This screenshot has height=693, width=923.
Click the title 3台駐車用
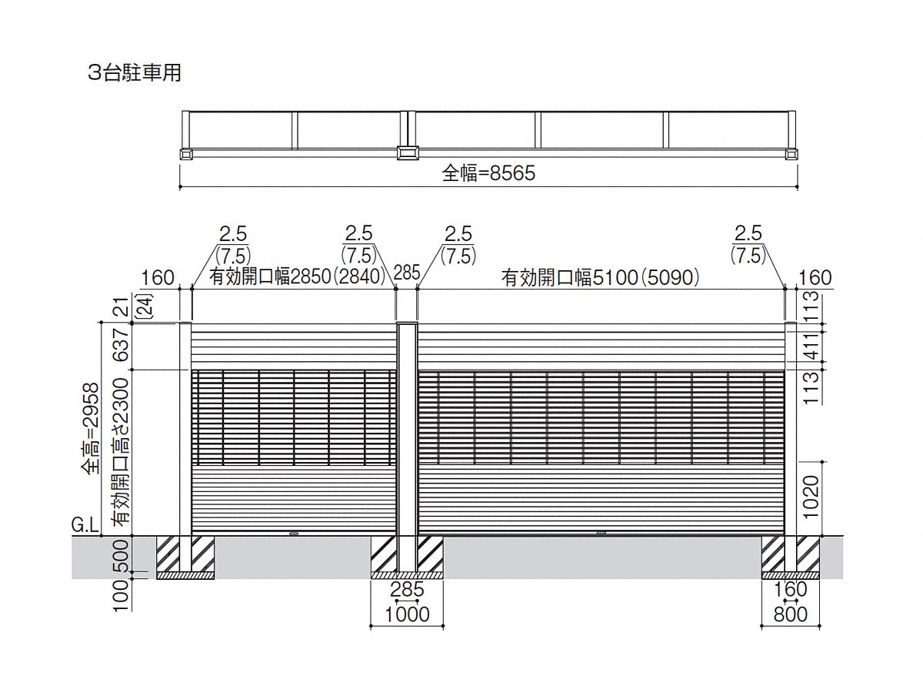click(x=135, y=73)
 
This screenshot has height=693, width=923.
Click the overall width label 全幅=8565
click(x=488, y=173)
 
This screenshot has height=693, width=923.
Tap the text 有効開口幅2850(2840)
click(x=298, y=276)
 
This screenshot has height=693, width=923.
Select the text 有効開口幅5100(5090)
click(x=600, y=277)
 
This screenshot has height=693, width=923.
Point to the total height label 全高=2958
click(x=91, y=428)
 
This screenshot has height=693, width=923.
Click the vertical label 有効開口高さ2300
click(x=120, y=452)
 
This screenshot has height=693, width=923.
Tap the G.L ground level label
click(x=85, y=524)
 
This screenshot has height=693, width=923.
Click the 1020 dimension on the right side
click(x=811, y=497)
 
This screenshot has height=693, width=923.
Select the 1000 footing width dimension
click(x=407, y=614)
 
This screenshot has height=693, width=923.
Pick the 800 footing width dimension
click(x=791, y=614)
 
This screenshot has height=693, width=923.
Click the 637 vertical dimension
click(x=121, y=345)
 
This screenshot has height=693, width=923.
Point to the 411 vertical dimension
click(x=811, y=346)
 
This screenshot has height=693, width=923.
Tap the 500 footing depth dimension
click(x=121, y=555)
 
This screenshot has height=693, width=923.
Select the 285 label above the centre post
click(x=407, y=273)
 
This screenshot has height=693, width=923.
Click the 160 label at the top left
click(x=157, y=278)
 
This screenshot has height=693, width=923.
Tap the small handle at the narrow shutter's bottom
click(x=294, y=534)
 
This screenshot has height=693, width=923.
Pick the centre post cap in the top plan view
click(x=408, y=152)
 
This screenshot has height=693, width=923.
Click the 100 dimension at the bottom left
click(x=121, y=595)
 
